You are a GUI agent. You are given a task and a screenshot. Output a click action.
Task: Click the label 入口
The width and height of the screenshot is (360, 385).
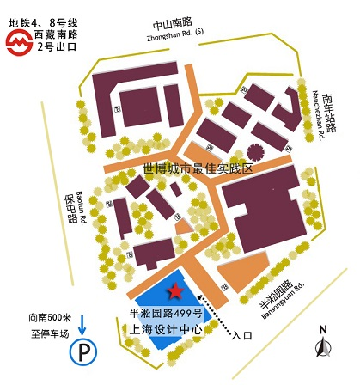[242, 338]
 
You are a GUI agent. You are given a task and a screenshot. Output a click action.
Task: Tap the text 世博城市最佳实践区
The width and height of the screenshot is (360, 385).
[199, 169]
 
